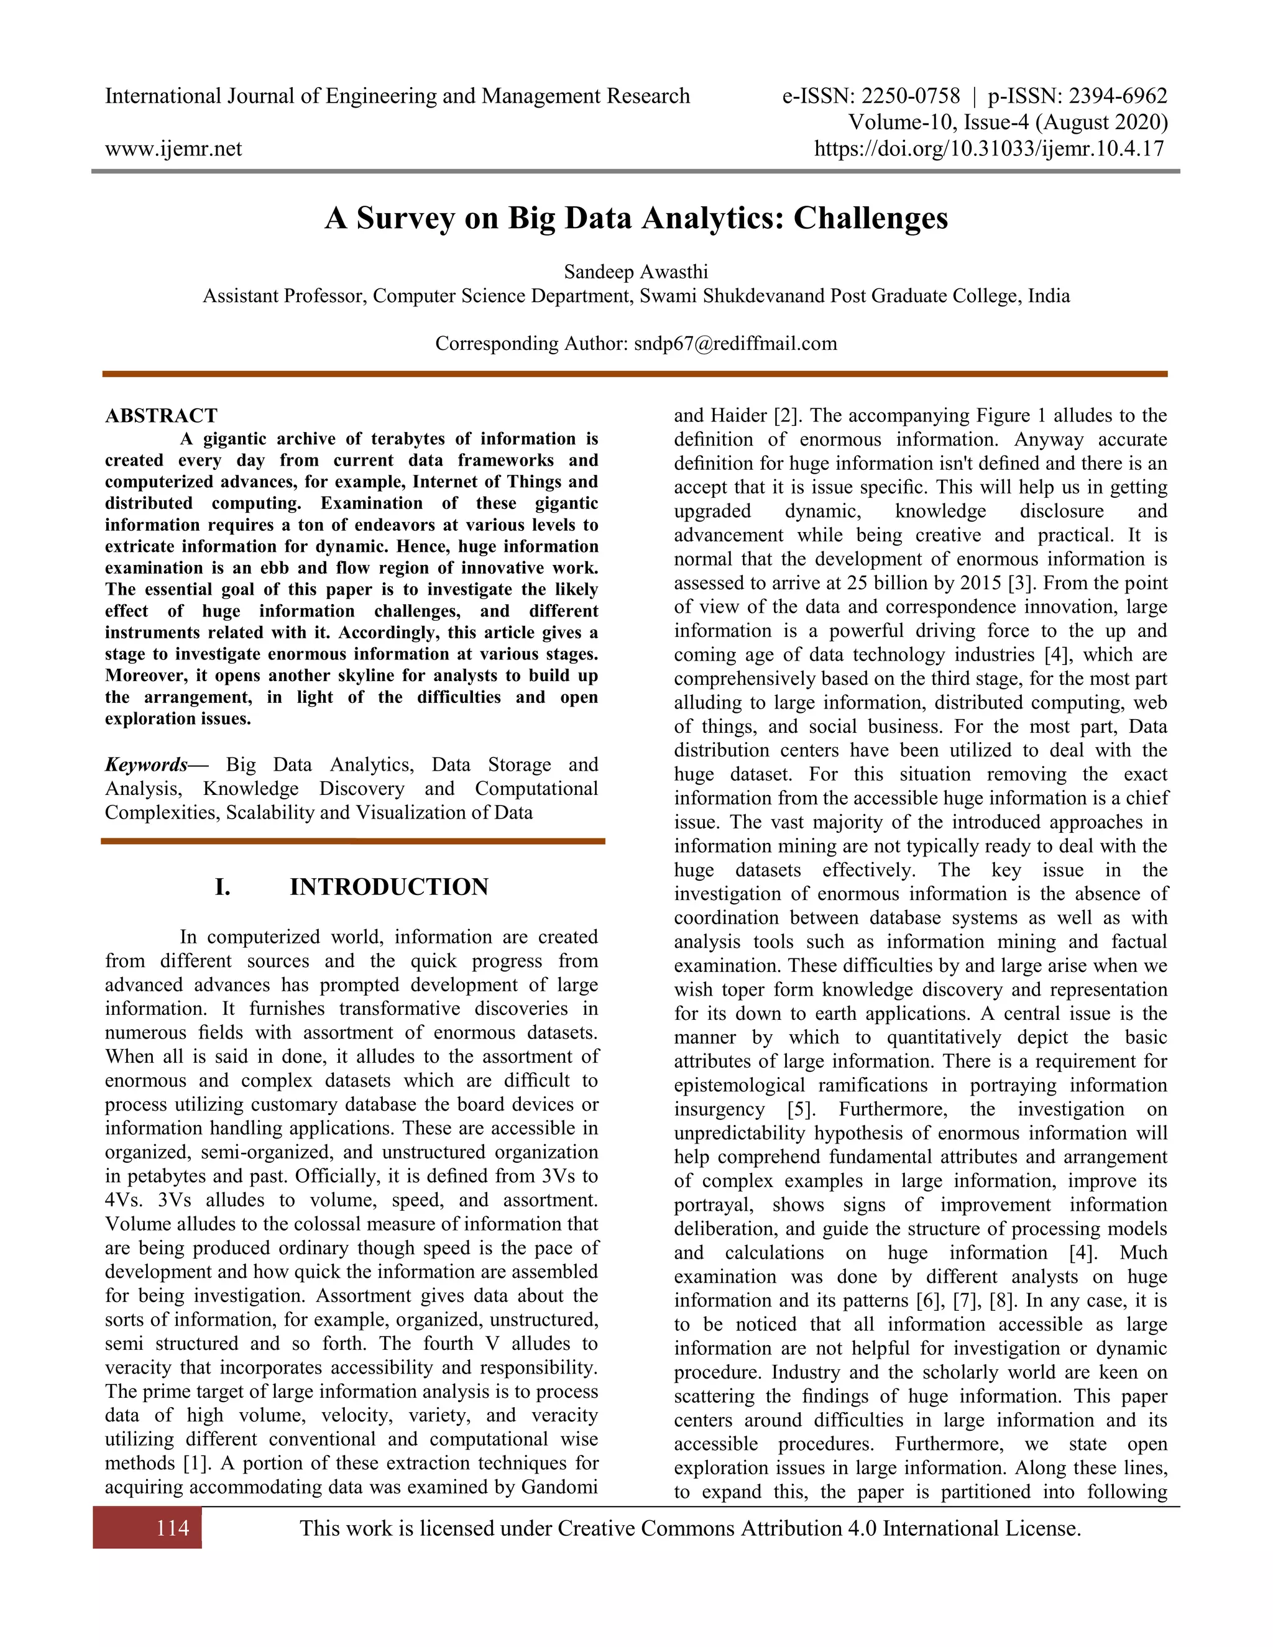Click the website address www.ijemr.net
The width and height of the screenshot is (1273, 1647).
173,149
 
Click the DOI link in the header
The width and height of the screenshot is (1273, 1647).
989,149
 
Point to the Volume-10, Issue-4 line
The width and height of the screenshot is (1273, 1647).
1008,122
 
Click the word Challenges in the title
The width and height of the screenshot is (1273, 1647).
870,218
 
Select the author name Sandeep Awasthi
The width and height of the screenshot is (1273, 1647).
636,272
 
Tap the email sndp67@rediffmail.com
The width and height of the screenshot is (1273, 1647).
735,344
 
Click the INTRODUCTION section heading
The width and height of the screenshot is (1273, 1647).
389,887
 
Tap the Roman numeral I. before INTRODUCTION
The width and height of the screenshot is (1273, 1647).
223,887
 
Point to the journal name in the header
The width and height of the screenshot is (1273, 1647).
397,96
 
